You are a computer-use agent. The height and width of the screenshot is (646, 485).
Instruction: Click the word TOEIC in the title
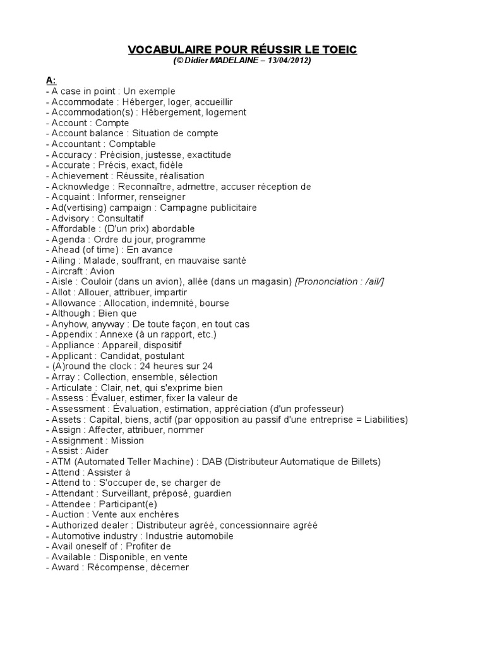tap(340, 49)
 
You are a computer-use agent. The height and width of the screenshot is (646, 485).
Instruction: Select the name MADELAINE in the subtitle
tap(237, 61)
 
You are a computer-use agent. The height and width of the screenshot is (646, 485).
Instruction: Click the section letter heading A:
tap(51, 81)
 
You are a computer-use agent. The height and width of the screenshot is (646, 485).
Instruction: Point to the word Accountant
tap(75, 144)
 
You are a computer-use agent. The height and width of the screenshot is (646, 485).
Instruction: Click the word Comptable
tap(133, 144)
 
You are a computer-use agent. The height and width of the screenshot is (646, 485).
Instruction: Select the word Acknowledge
tap(80, 187)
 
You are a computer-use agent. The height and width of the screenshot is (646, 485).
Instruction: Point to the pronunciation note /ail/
tap(372, 282)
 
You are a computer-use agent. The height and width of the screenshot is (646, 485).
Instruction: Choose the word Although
tap(71, 314)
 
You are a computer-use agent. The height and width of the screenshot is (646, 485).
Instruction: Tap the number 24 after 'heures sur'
tap(207, 367)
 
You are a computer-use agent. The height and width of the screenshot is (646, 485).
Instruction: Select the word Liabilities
tap(385, 420)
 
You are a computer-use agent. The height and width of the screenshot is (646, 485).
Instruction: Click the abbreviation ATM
tap(61, 462)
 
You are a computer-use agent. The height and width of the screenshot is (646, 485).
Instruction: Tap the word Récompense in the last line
tap(114, 568)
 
